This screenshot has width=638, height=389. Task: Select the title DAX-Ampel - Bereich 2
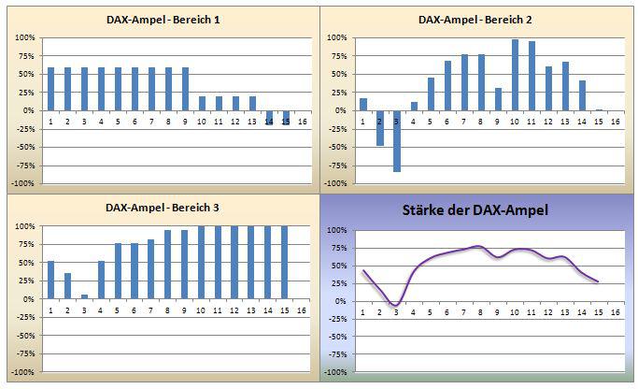point(475,19)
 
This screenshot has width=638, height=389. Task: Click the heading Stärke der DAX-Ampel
point(476,210)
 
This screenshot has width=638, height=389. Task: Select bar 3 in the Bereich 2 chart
point(397,141)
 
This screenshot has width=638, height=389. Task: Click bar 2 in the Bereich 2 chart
point(380,128)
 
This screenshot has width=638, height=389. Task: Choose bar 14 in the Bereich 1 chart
point(269,117)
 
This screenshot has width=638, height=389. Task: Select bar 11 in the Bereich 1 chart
point(219,103)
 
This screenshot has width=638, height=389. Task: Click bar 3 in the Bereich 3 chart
point(85,296)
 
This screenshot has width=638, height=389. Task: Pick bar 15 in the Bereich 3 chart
point(285,263)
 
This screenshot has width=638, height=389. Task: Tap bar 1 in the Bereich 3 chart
point(51,281)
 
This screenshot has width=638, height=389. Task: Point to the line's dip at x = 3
point(396,305)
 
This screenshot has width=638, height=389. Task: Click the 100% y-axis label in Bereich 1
point(24,38)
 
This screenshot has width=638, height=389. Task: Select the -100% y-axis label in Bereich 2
point(336,183)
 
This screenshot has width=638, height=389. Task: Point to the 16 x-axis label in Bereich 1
point(302,121)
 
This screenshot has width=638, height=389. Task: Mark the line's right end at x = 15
point(598,281)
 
